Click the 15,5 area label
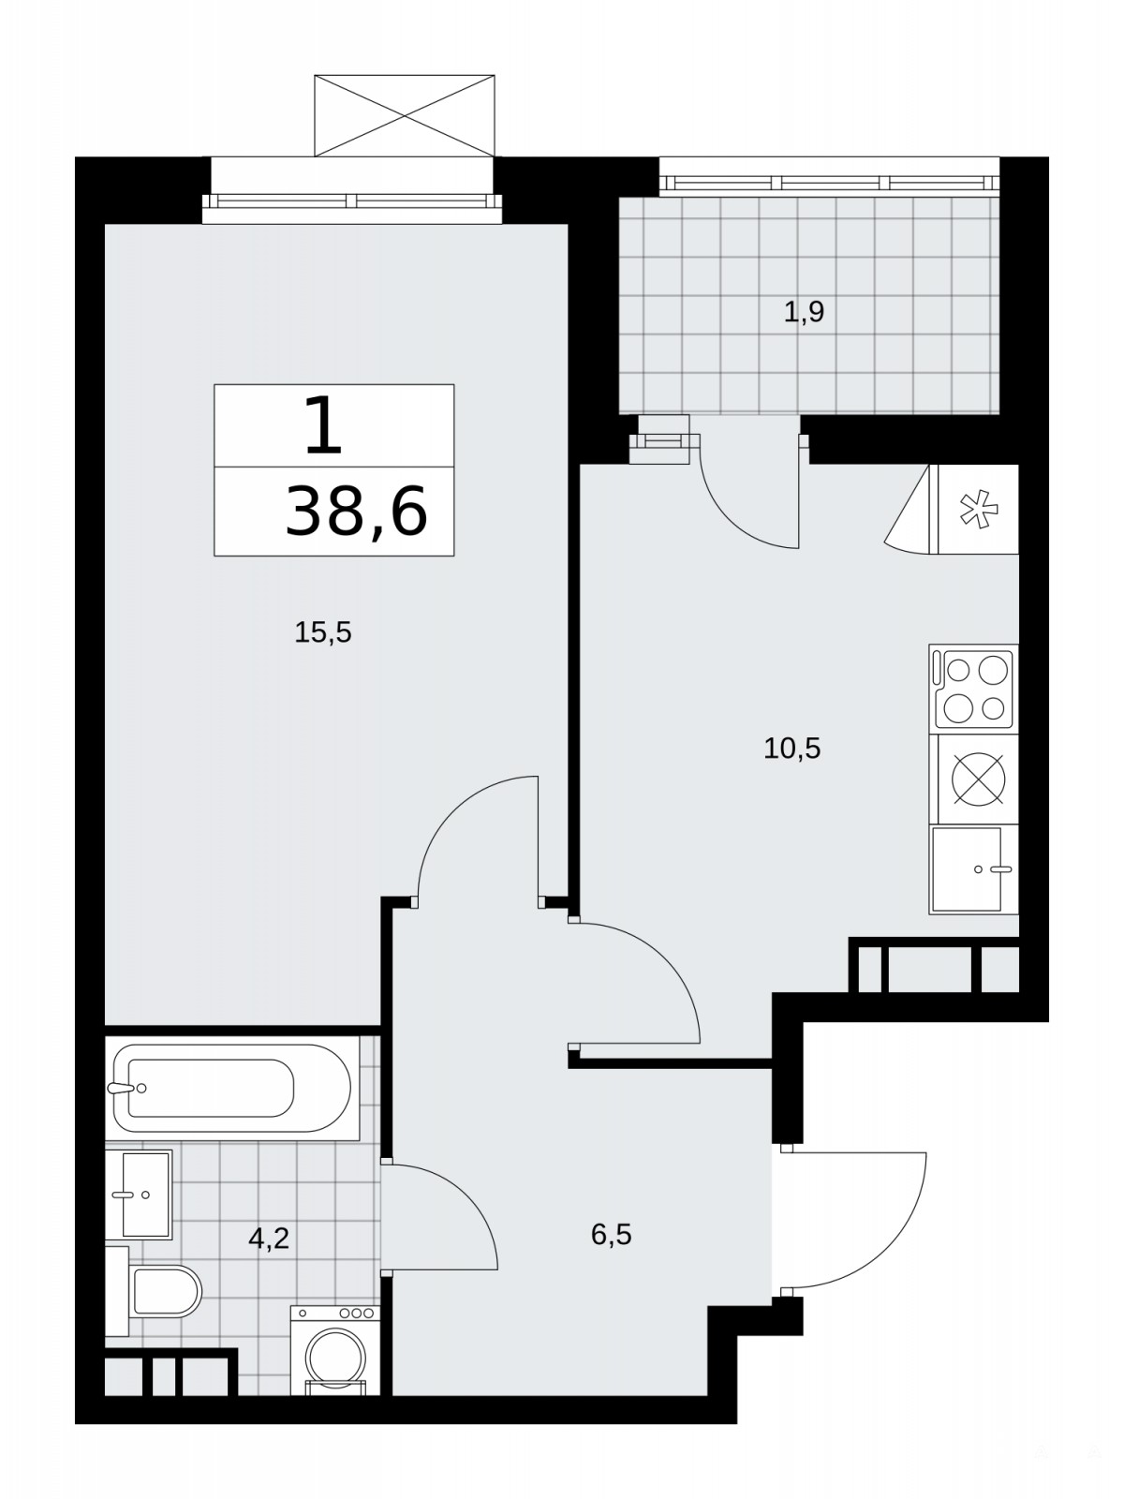[323, 633]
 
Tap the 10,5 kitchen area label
[791, 749]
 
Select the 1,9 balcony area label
[805, 312]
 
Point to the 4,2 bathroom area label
[268, 1238]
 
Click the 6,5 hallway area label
[611, 1235]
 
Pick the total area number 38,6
[356, 511]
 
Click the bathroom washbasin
[139, 1195]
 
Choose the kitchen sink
[974, 869]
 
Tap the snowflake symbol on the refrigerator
[979, 509]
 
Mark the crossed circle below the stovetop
[979, 779]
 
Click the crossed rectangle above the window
[404, 115]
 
